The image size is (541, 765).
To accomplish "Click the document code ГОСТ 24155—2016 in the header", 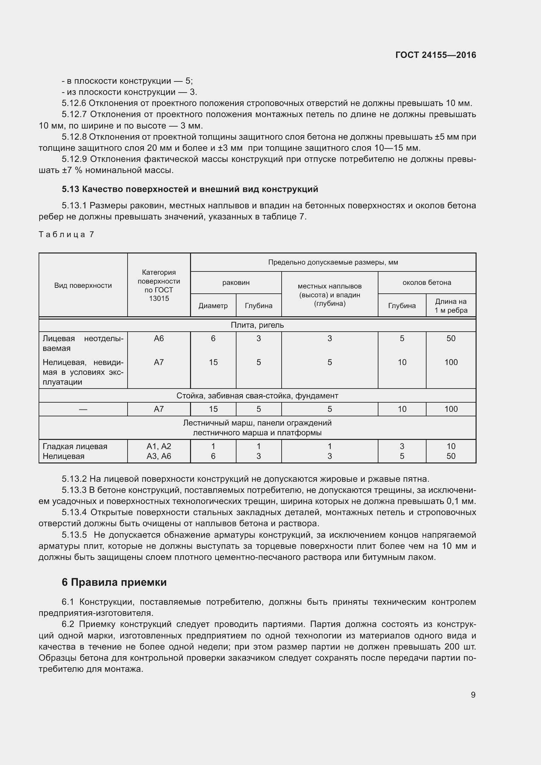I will point(435,55).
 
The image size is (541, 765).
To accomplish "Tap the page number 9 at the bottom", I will point(473,695).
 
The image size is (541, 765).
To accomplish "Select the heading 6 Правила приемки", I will point(114,582).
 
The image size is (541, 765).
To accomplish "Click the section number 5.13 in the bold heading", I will point(70,189).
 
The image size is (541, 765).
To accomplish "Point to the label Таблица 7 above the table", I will point(66,235).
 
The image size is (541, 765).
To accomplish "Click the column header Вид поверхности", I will point(83,286).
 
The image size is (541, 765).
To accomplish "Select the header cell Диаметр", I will point(213,306).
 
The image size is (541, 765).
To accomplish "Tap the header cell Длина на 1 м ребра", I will point(451,306).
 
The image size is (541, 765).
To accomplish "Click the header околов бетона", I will point(427,283).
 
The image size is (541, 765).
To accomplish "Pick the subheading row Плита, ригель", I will point(257,325).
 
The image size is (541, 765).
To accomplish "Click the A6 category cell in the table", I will point(159,339).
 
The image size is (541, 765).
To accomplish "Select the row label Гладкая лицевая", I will point(75,446).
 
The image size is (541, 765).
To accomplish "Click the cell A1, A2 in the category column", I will point(159,446).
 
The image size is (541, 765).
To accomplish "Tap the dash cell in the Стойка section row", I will point(83,409).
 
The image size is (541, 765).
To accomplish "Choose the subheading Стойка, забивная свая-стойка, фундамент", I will point(257,396).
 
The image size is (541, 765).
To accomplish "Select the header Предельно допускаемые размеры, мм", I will point(333,263).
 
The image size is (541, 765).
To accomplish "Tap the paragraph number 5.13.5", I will point(74,535).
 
